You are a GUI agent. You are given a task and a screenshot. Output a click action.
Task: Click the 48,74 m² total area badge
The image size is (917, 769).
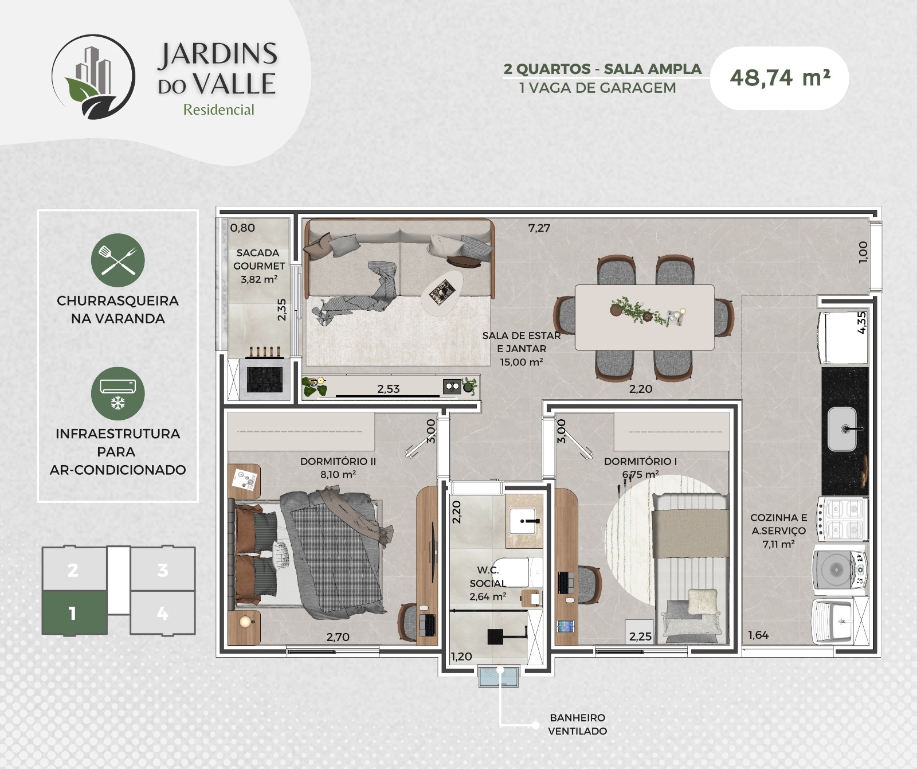tap(779, 78)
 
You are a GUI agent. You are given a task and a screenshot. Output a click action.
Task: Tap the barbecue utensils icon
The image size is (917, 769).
tap(118, 260)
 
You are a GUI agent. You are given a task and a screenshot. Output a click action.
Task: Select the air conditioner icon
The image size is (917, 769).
tap(118, 393)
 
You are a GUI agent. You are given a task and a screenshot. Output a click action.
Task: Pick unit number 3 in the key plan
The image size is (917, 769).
tap(163, 569)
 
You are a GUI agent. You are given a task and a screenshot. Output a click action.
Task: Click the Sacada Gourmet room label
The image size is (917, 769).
tap(258, 266)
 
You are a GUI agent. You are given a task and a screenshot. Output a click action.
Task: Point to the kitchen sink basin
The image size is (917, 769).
tap(842, 429)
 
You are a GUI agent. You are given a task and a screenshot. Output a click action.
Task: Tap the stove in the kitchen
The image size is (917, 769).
tap(842, 520)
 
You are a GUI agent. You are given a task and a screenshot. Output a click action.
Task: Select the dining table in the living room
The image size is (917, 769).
tap(645, 317)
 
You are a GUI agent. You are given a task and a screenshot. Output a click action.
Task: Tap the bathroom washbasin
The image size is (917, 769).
tap(522, 521)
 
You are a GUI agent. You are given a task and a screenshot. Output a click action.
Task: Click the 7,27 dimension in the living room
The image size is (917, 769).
tap(539, 228)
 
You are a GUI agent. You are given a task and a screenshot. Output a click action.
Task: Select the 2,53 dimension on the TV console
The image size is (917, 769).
tap(388, 389)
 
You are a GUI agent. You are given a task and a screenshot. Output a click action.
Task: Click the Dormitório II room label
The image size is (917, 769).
tap(338, 468)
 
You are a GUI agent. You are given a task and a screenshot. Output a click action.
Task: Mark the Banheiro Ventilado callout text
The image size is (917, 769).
tap(577, 724)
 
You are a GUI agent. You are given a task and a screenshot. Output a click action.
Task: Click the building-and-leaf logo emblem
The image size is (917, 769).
tap(93, 77)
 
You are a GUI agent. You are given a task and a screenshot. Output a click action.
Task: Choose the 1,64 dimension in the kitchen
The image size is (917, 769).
tap(758, 635)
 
